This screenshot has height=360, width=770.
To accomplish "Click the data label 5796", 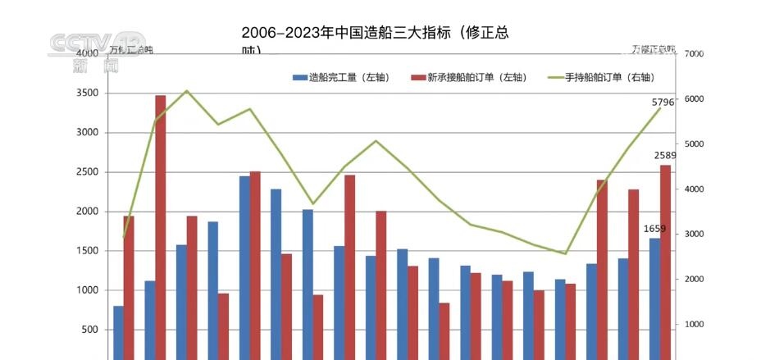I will [x=663, y=103].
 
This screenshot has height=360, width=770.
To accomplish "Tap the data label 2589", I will [x=665, y=156].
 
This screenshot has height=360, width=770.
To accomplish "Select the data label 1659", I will [x=655, y=229].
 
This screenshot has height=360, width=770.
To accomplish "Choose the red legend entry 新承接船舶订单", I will [x=466, y=77].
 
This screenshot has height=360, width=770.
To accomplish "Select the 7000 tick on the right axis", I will [x=694, y=54].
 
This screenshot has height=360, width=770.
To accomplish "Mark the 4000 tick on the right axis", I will [x=694, y=189].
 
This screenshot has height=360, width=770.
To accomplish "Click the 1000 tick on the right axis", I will [x=694, y=325].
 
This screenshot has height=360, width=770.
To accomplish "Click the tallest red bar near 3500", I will [x=161, y=221].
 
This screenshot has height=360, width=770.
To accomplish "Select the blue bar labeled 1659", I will [x=654, y=295].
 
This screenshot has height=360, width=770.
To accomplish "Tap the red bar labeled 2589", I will [x=665, y=258].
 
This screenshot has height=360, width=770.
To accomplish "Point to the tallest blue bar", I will [x=244, y=262].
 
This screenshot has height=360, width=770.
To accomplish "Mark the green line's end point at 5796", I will [x=660, y=108].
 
